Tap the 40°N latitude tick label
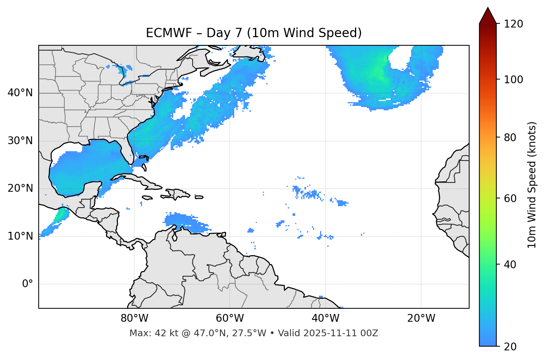20,93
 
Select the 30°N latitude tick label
20,141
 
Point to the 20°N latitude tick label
20,188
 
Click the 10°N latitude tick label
20,236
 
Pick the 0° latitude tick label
27,284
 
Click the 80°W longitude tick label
134,318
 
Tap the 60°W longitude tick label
230,318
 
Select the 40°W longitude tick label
325,318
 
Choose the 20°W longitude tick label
421,318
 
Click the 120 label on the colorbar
513,24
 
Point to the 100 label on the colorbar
513,80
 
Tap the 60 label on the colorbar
510,198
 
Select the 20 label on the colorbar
510,347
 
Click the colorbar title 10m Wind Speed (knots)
532,185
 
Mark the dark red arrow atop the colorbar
488,16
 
